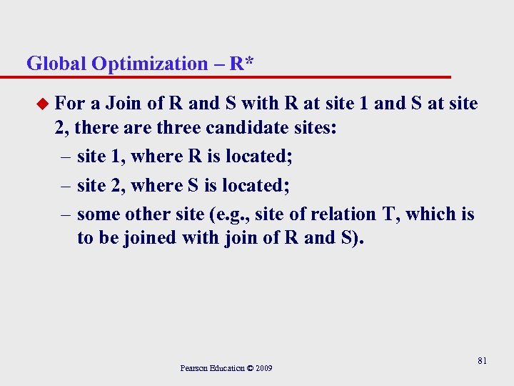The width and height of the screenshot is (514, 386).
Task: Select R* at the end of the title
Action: pos(242,64)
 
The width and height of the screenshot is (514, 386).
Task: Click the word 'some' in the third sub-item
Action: pos(98,214)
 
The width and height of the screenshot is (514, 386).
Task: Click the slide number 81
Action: pos(482,361)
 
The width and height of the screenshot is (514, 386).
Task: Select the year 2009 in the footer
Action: pos(262,368)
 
